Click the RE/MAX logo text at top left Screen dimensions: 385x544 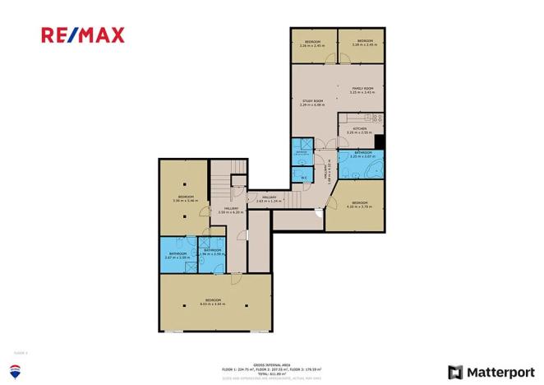click(x=83, y=35)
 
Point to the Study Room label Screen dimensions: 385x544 click(x=312, y=103)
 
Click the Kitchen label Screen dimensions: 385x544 click(x=360, y=130)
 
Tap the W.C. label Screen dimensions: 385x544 click(x=303, y=176)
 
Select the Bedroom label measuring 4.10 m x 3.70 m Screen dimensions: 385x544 click(x=360, y=204)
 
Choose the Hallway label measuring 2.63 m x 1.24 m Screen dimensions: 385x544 click(x=269, y=199)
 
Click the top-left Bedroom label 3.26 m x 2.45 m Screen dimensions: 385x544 click(x=312, y=44)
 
